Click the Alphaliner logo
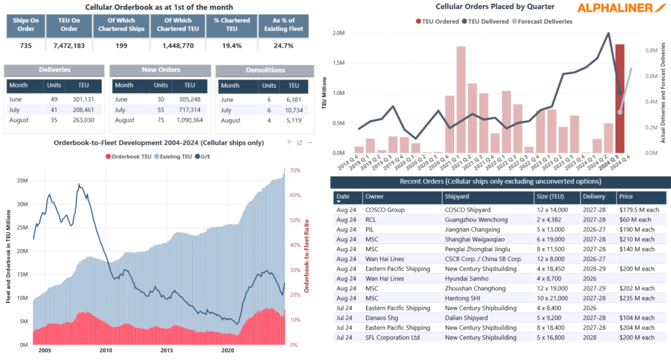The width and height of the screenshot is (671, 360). (623, 8)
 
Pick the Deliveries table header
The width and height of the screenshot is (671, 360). (54, 70)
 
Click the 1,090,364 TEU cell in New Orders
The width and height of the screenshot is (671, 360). (189, 121)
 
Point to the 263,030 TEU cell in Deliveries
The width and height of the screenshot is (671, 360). (83, 121)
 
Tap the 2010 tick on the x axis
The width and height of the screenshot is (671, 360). (105, 351)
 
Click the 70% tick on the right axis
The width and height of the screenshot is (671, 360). (295, 170)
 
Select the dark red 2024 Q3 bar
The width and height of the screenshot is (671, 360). (620, 98)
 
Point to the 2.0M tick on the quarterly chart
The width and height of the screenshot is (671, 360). (338, 33)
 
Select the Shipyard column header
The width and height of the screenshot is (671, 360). (457, 196)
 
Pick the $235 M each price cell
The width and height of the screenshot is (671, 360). (636, 298)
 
